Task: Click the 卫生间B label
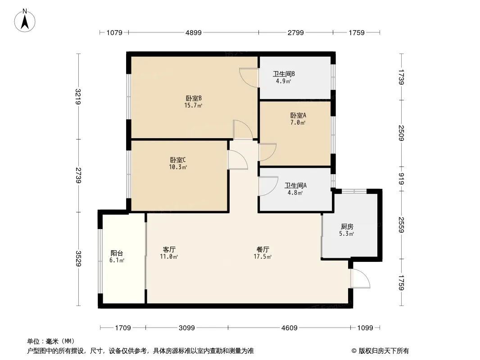click(x=284, y=74)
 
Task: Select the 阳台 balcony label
click(x=117, y=253)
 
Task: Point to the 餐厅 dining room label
click(x=263, y=249)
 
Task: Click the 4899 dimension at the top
click(x=193, y=32)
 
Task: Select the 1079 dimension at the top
click(x=114, y=32)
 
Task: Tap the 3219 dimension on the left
click(x=78, y=96)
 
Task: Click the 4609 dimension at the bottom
click(x=289, y=328)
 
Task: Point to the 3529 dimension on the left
click(x=78, y=259)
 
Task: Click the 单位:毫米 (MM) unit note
click(x=51, y=341)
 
